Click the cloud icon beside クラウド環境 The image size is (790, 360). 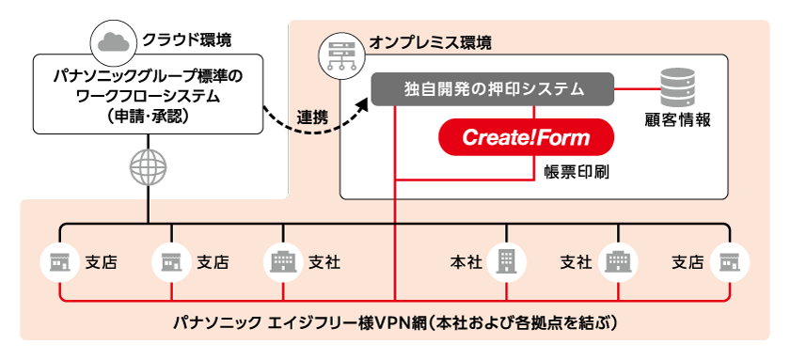112,41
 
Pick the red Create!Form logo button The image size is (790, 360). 526,138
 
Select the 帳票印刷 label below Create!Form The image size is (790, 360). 567,171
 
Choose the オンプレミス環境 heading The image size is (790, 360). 430,43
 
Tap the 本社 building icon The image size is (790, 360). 506,261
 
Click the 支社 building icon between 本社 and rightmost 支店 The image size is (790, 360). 618,261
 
